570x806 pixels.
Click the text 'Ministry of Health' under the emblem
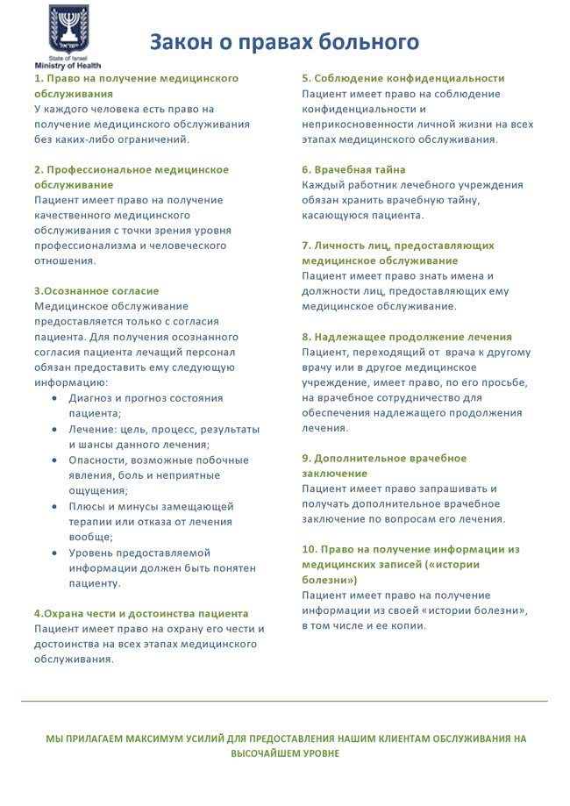(68, 66)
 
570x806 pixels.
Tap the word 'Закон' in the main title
(179, 41)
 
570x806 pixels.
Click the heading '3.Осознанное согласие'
(96, 290)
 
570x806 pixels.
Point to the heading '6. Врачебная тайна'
(353, 169)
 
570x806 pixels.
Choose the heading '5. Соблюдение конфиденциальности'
(403, 78)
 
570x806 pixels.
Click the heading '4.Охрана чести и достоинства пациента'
(141, 613)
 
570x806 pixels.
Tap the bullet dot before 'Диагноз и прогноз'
(56, 398)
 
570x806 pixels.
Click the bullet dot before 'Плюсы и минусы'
(56, 506)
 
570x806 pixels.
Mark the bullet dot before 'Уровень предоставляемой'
(56, 553)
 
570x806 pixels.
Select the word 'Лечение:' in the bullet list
(92, 429)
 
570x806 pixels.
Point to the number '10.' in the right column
(310, 549)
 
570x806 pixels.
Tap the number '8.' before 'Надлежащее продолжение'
(307, 337)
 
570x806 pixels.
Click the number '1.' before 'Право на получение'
(39, 78)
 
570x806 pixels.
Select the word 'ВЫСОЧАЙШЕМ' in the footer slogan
(264, 753)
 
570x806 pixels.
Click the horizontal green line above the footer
(284, 701)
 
